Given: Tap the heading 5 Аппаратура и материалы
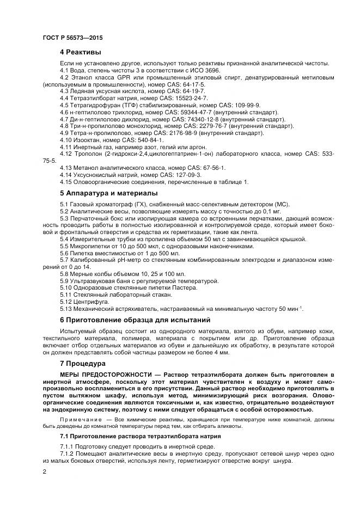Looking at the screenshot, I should point(109,193).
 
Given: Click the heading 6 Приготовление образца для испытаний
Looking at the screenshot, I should point(135,320).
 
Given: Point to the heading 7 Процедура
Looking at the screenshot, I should point(84,363).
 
